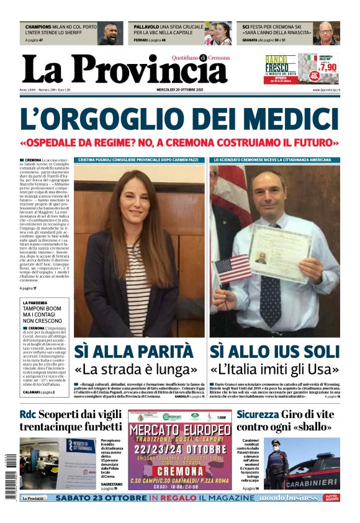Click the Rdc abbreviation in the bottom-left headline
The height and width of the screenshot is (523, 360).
pyautogui.click(x=27, y=414)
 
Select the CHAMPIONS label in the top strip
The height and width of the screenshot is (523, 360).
pyautogui.click(x=42, y=27)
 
